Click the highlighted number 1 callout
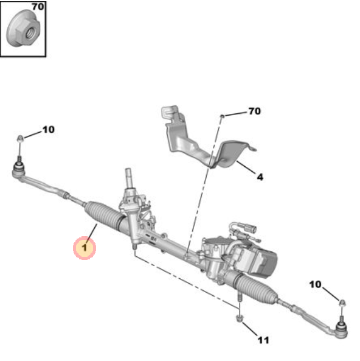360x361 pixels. tap(85, 248)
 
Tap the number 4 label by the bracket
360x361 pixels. tap(260, 177)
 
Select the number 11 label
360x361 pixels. tap(263, 340)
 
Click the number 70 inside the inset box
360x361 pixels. tap(38, 7)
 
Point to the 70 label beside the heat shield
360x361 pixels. tap(255, 111)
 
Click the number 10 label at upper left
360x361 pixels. tap(49, 130)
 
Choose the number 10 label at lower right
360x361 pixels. tap(315, 284)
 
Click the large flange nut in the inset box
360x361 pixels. tap(23, 29)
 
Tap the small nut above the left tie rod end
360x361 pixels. tap(20, 139)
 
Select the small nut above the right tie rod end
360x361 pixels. tap(342, 303)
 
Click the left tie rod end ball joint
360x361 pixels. tap(18, 170)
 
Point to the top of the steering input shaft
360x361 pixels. tap(128, 170)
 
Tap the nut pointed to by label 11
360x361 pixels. tap(239, 318)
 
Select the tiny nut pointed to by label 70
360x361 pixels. tap(222, 116)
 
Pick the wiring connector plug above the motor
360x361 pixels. tap(249, 228)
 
